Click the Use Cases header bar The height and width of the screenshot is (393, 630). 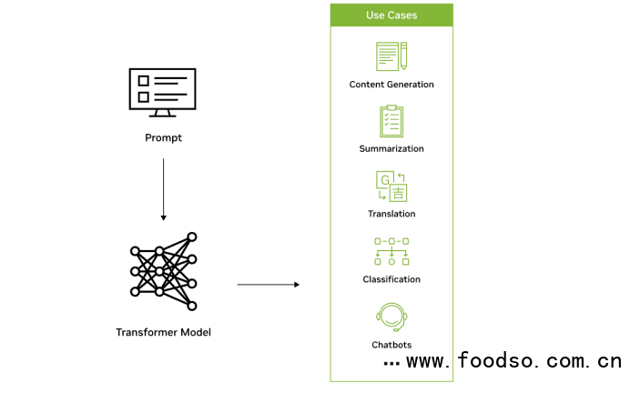coord(391,15)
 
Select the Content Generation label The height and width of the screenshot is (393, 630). coord(391,85)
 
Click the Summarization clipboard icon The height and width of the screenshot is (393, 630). coord(391,121)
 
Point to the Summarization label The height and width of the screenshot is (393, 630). coord(391,148)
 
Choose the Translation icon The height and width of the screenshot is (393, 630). coord(391,186)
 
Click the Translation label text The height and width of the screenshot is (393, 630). coord(391,214)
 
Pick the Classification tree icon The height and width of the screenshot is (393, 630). coord(391,251)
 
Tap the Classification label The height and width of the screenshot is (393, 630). coord(391,279)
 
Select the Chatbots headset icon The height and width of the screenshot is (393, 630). coord(391,316)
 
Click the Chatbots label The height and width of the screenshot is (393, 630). coord(391,345)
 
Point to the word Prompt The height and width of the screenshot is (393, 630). coord(163,138)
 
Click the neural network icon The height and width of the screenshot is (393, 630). coord(163,266)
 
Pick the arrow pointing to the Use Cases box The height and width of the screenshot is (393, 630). coord(268,285)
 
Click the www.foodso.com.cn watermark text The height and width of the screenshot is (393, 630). coord(513,361)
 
